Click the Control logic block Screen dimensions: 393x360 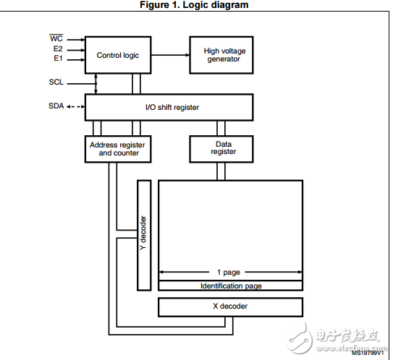[x=118, y=55]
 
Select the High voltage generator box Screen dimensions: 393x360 [x=221, y=55]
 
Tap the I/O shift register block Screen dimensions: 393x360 [x=169, y=108]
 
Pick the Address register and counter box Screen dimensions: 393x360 [x=118, y=149]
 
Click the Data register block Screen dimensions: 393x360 [x=221, y=149]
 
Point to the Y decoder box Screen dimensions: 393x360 [x=144, y=236]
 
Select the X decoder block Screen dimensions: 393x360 [x=230, y=307]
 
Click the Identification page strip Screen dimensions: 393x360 [x=230, y=286]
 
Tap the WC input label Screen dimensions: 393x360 [x=56, y=38]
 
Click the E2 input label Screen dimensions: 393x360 [x=58, y=48]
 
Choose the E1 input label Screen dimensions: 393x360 [x=58, y=59]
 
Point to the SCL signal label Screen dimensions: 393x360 [x=56, y=82]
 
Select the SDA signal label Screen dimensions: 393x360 [x=56, y=106]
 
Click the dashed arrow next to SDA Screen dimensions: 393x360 [x=76, y=107]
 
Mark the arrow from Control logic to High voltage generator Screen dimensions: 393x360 [x=170, y=55]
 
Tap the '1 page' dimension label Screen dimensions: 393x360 [x=228, y=272]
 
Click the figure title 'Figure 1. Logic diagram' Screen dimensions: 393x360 [x=194, y=5]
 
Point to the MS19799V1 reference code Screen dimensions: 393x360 [x=368, y=353]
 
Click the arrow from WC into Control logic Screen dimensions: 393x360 [x=76, y=40]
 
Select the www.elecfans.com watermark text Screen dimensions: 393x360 [x=352, y=348]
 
